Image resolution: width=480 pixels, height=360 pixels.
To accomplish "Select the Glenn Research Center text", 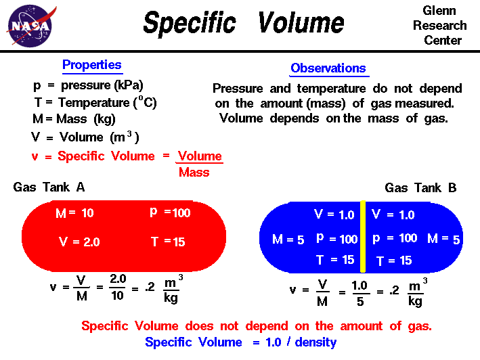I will (440, 26).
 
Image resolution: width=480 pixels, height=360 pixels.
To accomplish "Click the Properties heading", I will (92, 66).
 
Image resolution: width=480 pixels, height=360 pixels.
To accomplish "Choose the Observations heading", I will (328, 68).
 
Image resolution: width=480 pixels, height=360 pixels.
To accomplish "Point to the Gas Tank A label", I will (49, 187).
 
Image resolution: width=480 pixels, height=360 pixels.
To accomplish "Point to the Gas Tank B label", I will (420, 188).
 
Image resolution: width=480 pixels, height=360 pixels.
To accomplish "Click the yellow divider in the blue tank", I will (363, 236).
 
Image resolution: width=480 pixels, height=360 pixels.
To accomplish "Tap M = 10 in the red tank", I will (74, 213).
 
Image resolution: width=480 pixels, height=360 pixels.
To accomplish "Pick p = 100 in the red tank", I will (170, 212).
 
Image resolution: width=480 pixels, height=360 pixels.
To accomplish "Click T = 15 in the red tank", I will (165, 242).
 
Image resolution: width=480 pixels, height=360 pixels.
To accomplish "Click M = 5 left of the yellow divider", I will (288, 239).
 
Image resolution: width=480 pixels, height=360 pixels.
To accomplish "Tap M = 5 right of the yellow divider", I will (443, 239).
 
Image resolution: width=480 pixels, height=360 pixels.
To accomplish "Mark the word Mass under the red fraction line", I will (194, 173).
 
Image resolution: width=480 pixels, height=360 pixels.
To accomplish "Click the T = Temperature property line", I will (91, 103).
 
